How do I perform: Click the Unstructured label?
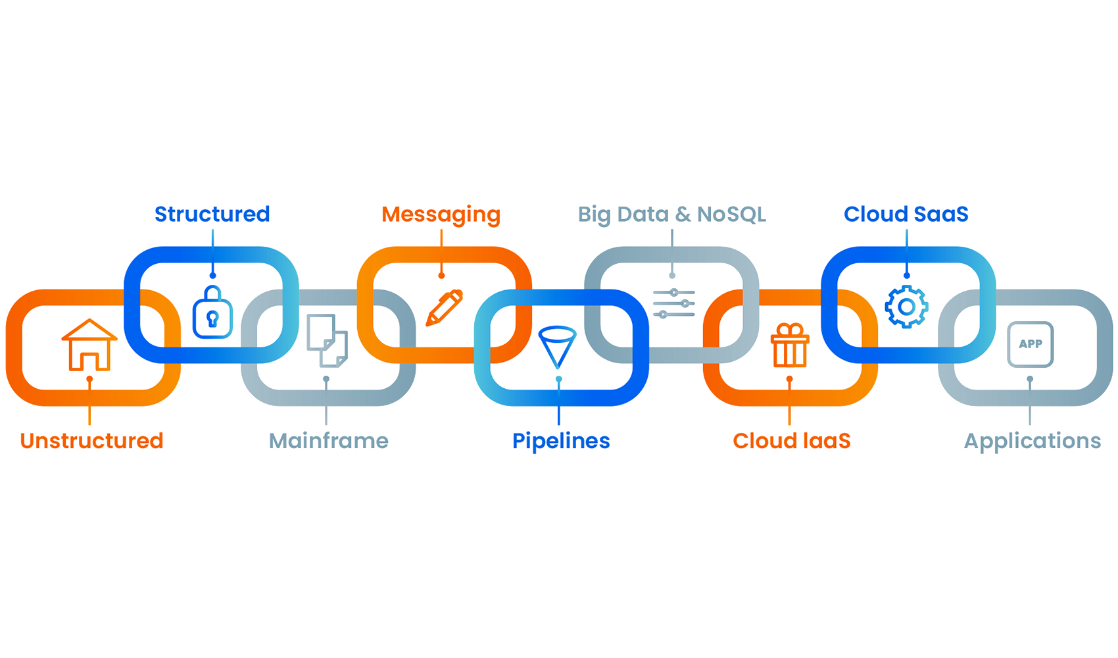point(92,441)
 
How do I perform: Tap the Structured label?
point(212,214)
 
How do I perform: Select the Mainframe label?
point(328,441)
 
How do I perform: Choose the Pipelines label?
point(561,442)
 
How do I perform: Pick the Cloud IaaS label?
point(792,441)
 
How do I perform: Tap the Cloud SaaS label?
point(906,214)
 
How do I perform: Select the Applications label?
point(1032,442)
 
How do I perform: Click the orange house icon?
point(89,345)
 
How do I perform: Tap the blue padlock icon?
point(212,312)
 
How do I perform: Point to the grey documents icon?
point(328,340)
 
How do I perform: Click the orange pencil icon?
point(444,307)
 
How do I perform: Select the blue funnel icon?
point(558,347)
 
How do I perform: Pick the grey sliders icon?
point(674,303)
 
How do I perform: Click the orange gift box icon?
point(790,345)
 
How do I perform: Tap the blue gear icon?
point(906,307)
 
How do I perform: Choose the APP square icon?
point(1030,345)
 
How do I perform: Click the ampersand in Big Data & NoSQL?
point(682,215)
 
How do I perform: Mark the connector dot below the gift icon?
point(789,380)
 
